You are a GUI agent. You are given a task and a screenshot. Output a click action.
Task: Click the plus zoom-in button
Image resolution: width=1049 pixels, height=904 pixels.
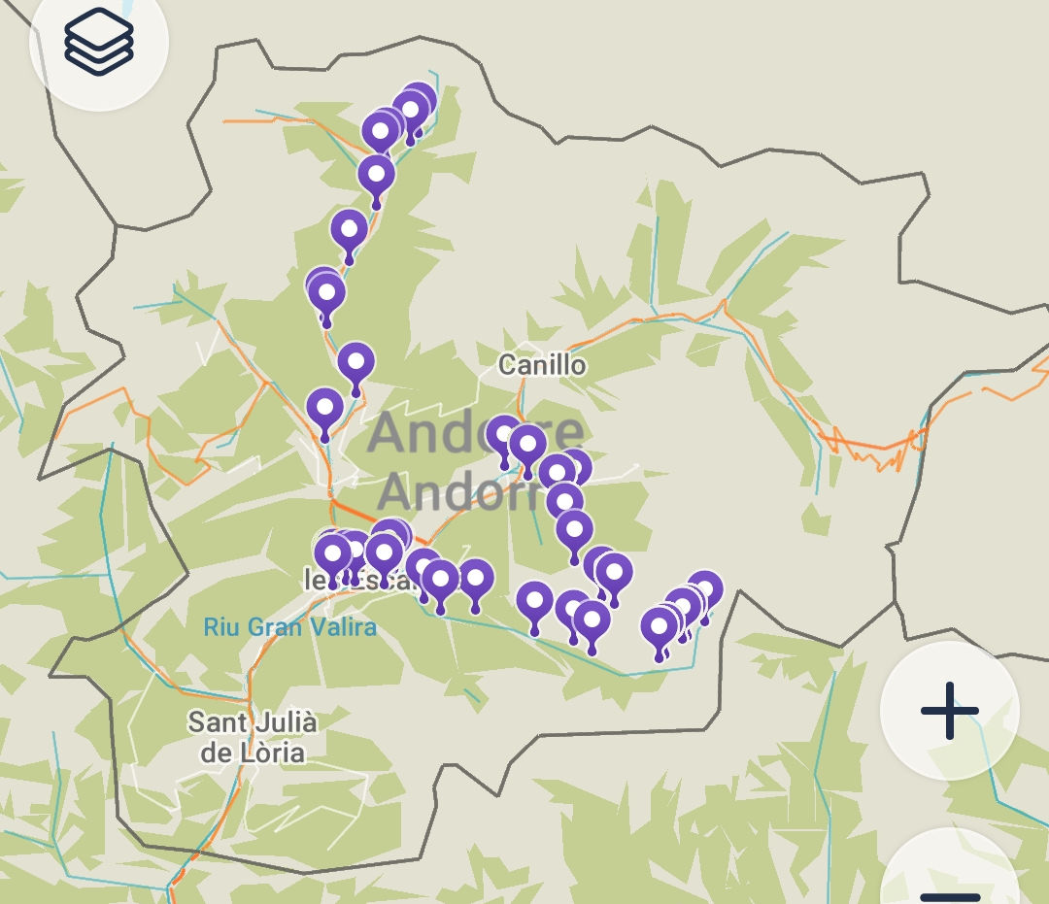click(x=949, y=710)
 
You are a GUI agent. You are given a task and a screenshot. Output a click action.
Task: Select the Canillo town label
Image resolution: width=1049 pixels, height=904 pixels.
click(x=542, y=365)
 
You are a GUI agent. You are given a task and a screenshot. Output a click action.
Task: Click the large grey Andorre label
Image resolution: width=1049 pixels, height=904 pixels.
click(x=476, y=433)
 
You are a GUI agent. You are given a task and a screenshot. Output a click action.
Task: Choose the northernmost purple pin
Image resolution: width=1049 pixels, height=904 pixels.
click(x=419, y=101)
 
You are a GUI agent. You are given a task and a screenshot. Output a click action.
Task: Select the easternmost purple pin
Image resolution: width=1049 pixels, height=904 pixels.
click(x=705, y=588)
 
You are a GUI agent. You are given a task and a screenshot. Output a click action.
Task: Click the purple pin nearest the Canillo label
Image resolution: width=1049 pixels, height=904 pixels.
click(x=503, y=434)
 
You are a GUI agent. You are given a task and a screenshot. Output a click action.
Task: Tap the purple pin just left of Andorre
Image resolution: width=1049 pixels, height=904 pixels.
click(x=325, y=407)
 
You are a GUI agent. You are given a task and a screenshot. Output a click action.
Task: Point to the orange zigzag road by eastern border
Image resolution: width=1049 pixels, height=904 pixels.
click(x=874, y=447)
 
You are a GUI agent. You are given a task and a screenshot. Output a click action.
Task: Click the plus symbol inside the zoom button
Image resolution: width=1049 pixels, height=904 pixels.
click(x=949, y=710)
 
